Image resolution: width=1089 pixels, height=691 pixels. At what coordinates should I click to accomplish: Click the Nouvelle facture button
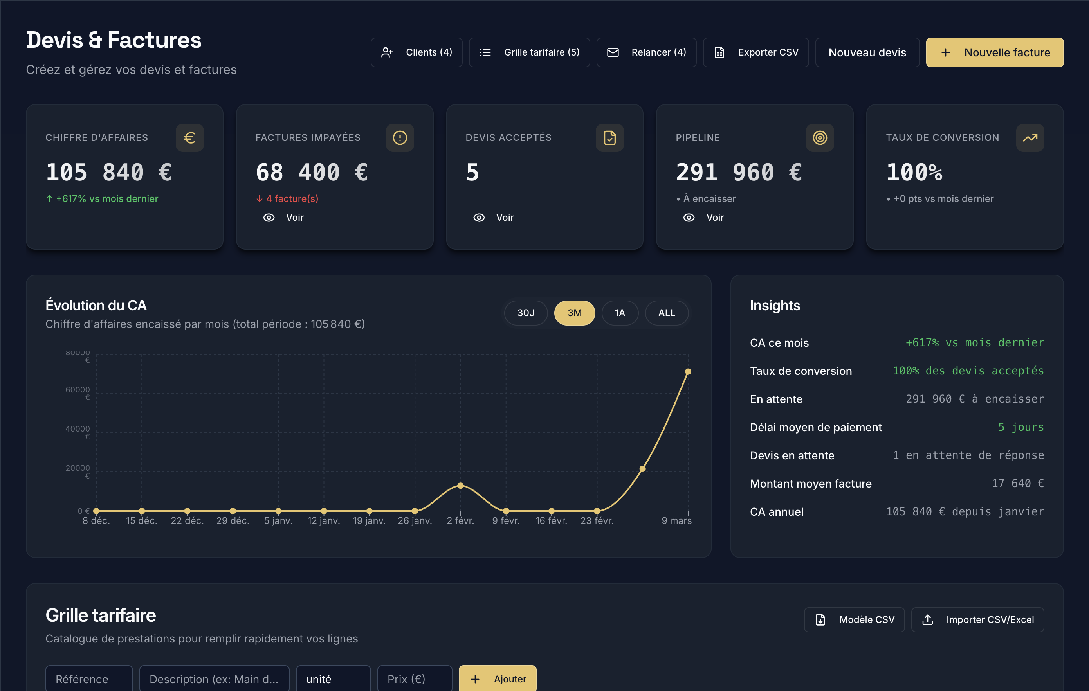(x=995, y=52)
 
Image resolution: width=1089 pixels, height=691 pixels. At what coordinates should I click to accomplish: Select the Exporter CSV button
(x=756, y=52)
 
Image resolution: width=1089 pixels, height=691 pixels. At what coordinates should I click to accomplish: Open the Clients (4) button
(x=416, y=52)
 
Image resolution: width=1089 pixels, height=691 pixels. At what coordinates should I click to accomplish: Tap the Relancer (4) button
(x=646, y=52)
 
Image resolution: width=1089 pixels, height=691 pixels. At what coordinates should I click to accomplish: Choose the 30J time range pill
(x=525, y=313)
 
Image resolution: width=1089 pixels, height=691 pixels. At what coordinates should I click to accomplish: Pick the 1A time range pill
(x=620, y=313)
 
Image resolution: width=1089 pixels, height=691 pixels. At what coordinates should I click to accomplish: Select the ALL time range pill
(x=666, y=313)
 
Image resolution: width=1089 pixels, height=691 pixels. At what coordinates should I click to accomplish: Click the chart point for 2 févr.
(x=460, y=486)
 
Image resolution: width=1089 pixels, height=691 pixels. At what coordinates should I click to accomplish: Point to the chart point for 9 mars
(x=688, y=371)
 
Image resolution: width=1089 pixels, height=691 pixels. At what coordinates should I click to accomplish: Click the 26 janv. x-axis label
(x=415, y=521)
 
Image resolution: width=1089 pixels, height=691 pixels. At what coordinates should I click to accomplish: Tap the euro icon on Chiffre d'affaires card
(x=189, y=137)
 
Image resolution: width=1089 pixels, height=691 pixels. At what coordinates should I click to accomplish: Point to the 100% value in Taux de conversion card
(x=914, y=172)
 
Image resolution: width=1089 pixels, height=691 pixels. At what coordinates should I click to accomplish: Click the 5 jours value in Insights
(x=1021, y=427)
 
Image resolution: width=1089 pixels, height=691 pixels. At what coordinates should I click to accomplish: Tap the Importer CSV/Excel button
(x=977, y=620)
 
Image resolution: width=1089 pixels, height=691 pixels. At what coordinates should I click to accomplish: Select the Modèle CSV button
(x=854, y=620)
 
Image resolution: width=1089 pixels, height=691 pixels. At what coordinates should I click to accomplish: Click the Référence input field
(x=88, y=679)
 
